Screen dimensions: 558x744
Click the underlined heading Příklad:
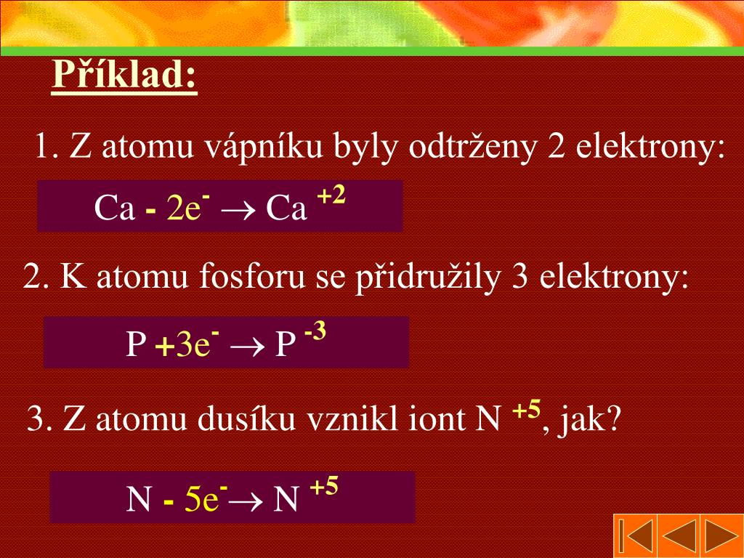[124, 76]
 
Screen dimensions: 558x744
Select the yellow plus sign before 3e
[164, 347]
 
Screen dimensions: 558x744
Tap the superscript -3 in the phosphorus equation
[315, 333]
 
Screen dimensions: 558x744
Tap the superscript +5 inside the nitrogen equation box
[324, 487]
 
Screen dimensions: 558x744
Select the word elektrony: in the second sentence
[615, 277]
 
